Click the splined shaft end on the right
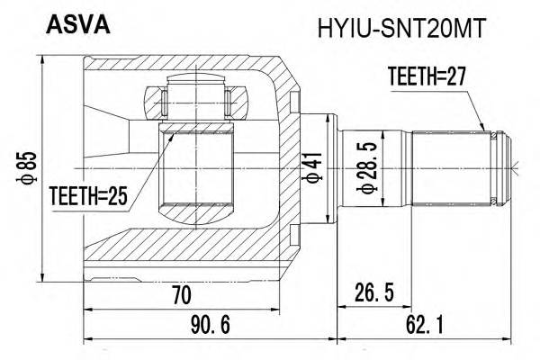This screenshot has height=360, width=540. point(454,166)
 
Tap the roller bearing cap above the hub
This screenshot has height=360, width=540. point(196,96)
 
